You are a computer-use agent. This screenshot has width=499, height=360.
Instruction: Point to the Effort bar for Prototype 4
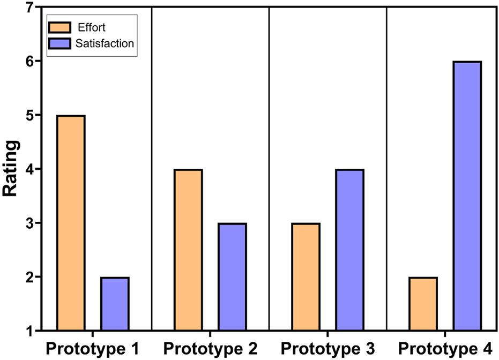[422, 304]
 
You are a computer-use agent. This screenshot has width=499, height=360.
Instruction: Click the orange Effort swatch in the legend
[59, 27]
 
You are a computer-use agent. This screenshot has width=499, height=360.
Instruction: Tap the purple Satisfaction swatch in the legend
[59, 43]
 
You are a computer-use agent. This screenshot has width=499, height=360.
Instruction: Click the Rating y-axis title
[12, 169]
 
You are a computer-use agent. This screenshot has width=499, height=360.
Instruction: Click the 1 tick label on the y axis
[29, 331]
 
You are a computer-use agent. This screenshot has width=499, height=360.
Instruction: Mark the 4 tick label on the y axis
[29, 169]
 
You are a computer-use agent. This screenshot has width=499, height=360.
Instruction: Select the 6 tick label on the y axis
[29, 62]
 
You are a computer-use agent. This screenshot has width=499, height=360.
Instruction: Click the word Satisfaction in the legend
[105, 43]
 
